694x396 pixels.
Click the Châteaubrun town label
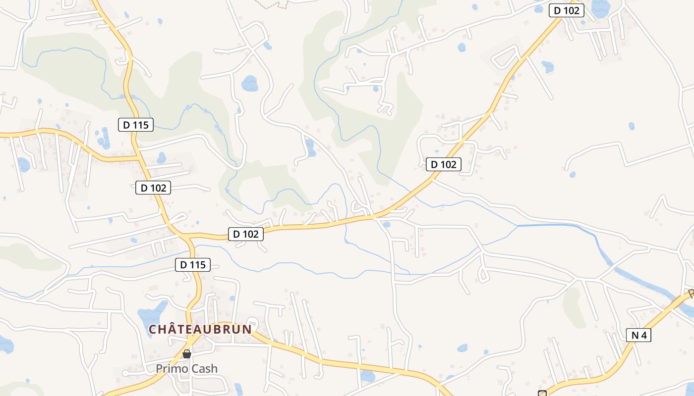[x=201, y=329]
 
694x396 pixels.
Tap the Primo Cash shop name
[x=186, y=369]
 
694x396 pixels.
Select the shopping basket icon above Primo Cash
[x=187, y=354]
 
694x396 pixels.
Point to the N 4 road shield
[x=639, y=335]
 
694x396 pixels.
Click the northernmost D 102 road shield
[x=566, y=10]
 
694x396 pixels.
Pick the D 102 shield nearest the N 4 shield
[x=443, y=164]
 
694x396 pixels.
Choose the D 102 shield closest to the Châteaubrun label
[x=245, y=234]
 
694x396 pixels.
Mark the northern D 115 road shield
[x=136, y=125]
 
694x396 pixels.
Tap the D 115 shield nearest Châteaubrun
[x=192, y=265]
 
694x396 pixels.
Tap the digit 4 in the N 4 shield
[x=643, y=335]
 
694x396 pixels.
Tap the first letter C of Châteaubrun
[x=153, y=329]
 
